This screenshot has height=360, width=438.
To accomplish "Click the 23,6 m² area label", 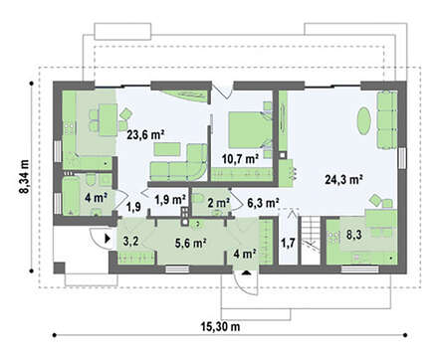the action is point(146,135).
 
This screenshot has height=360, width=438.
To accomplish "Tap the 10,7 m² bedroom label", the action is point(240,159).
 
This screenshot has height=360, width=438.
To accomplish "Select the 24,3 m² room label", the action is point(343,180).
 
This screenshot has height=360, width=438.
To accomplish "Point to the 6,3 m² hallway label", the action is point(263,203).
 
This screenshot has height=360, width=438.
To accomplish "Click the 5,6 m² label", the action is point(191,244).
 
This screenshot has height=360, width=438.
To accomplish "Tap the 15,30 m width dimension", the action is point(220,327).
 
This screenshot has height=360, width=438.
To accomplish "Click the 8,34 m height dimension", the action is point(25,177).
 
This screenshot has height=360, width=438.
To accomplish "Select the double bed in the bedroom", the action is point(251,129).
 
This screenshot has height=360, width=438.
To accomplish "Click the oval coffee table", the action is point(363,120).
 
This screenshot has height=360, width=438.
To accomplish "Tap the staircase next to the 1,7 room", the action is point(311,241).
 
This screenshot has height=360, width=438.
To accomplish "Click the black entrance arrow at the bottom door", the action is point(246,273).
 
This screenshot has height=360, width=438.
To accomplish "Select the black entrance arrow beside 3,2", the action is point(108,238).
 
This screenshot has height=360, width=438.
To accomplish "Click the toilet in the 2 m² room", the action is point(198,198).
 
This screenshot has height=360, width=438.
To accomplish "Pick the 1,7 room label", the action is point(288,244).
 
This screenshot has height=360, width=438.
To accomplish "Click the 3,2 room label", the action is point(131,241).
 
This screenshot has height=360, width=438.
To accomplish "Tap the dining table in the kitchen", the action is point(108,119).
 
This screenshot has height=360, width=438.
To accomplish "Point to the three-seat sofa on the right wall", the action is point(387,120).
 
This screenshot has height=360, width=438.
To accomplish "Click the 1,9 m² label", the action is point(170,200).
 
